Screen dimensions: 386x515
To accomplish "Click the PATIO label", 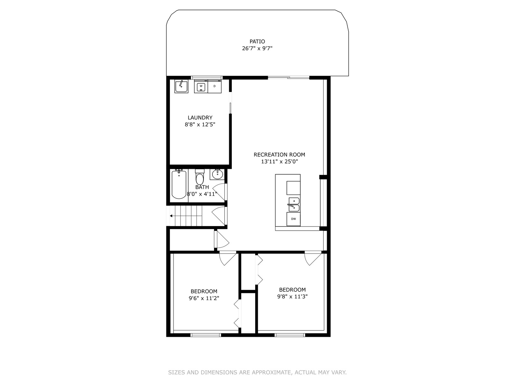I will click(257, 41).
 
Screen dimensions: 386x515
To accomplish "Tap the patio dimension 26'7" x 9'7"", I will click(257, 49).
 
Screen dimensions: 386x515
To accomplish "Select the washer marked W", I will click(201, 86).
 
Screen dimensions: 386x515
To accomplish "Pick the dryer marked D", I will click(215, 86).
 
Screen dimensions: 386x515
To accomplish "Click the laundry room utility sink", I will click(181, 87).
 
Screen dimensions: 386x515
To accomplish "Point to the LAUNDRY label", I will click(200, 118).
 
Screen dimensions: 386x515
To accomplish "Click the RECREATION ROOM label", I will click(279, 155).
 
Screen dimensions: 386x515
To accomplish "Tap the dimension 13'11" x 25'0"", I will click(279, 162).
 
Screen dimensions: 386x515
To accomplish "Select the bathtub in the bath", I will click(179, 185).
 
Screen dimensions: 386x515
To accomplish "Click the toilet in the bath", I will click(200, 178).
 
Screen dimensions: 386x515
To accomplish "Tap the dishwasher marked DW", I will click(294, 219).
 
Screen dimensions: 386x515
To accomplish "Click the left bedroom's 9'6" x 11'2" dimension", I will click(204, 299).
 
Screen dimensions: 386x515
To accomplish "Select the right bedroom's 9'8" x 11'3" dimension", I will click(292, 297).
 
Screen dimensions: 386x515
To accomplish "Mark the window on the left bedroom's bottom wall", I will click(206, 335).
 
